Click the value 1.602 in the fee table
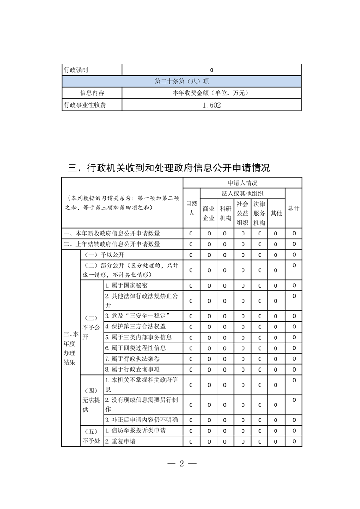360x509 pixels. point(212,105)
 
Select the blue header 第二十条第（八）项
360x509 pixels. point(182,82)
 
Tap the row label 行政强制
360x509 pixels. point(76,70)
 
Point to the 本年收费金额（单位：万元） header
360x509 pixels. point(212,93)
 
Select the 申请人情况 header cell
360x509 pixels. point(242,183)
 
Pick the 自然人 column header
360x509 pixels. point(191,208)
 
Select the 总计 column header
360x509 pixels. point(293,208)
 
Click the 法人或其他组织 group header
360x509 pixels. point(242,193)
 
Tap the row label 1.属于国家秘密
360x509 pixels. point(126,285)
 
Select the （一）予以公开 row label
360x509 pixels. point(105,254)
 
